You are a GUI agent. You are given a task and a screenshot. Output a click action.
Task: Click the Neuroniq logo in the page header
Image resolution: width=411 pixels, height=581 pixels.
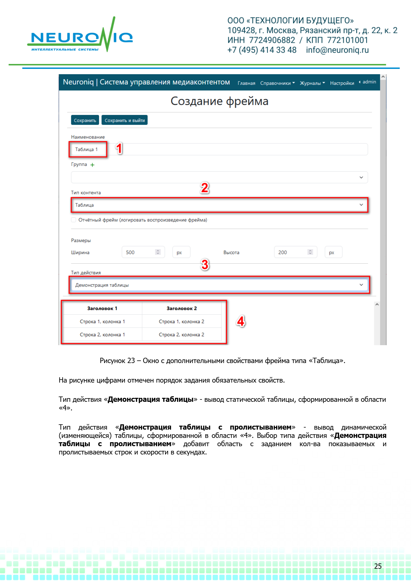pos(80,37)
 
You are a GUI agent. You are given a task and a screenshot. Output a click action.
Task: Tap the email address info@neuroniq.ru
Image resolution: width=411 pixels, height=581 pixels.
pos(337,50)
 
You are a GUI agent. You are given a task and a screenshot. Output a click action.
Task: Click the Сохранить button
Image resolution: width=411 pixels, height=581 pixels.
pos(85,120)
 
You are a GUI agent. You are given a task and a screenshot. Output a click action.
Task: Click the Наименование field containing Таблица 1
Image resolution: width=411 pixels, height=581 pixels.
pos(219,149)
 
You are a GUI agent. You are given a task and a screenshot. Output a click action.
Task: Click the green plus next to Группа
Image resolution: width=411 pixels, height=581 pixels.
pos(92,165)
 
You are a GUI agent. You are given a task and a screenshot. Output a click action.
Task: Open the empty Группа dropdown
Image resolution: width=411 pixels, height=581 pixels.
pos(219,177)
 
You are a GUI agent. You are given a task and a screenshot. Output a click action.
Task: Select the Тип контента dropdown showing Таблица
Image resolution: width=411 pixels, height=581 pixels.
pos(219,205)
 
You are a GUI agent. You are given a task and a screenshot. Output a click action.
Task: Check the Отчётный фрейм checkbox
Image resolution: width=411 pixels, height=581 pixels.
pos(74,220)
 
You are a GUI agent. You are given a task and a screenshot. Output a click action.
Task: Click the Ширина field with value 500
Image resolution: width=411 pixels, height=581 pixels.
pos(139,252)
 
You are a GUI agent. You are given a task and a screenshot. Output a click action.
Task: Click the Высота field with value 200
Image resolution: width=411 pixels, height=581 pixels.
pos(292,252)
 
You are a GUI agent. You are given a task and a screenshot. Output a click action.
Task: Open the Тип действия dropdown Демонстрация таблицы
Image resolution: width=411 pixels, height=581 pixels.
pos(219,285)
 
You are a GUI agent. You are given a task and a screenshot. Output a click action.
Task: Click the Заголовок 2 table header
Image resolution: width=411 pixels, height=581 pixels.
pos(182,308)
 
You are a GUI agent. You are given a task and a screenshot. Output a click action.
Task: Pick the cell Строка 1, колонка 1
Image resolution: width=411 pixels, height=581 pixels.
pos(102,322)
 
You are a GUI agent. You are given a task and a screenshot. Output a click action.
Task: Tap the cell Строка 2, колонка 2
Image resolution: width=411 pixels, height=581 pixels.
pos(182,335)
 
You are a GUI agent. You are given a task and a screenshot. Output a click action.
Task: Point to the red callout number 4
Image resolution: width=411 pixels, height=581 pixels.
pos(241,321)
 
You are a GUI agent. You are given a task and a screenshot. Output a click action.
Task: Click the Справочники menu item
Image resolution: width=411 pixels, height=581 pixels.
pos(277,83)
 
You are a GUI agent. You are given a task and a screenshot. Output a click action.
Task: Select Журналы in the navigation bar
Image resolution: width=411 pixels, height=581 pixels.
pos(312,83)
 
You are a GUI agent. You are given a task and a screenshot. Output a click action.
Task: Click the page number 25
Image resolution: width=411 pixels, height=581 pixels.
pos(378,566)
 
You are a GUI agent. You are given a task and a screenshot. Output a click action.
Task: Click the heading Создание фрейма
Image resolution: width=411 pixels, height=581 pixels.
pos(219,101)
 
